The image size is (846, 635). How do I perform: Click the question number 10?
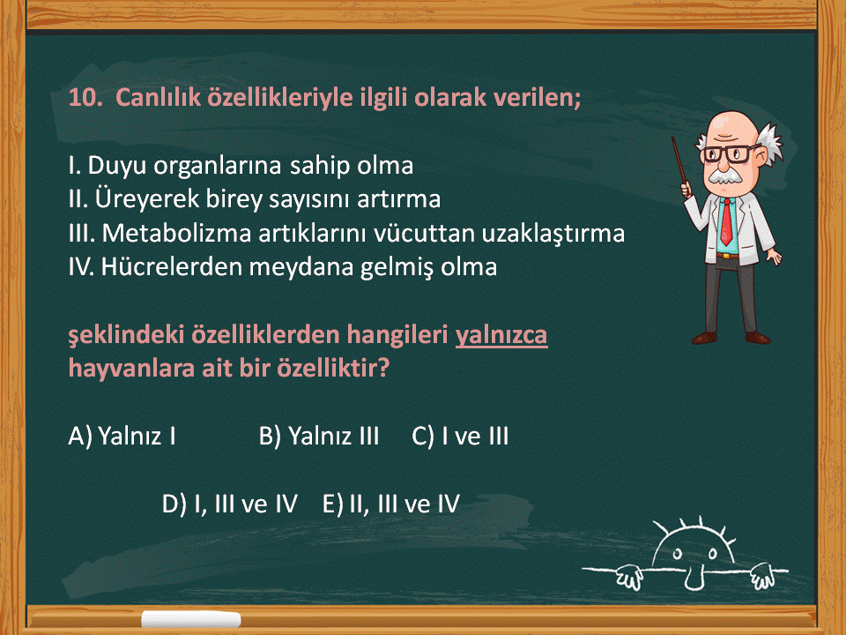tap(85, 98)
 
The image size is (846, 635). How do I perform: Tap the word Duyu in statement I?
tap(116, 166)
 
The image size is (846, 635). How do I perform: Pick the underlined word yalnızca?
tap(501, 335)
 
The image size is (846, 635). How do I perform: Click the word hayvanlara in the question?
tap(131, 369)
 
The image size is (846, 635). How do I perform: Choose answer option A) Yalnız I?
tap(122, 437)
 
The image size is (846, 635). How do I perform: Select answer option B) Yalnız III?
tap(319, 437)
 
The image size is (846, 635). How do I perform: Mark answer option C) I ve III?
tap(460, 437)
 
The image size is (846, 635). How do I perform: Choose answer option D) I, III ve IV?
tap(230, 504)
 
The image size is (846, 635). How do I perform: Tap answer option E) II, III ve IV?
tap(391, 504)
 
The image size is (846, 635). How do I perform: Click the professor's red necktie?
tap(727, 222)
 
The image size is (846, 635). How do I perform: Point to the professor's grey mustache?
tap(724, 176)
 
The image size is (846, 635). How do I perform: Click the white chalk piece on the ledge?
tap(191, 619)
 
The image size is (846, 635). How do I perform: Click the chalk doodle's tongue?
tap(694, 579)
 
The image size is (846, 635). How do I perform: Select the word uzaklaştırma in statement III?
tap(553, 233)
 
